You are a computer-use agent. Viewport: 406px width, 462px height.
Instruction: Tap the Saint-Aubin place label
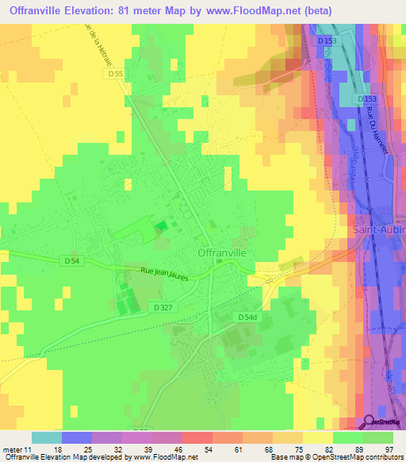pos(377,229)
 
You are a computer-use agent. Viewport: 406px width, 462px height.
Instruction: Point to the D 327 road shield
pos(163,306)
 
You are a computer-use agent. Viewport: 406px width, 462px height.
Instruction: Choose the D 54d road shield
pos(247,317)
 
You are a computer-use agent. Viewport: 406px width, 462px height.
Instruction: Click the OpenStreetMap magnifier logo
pos(370,422)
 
